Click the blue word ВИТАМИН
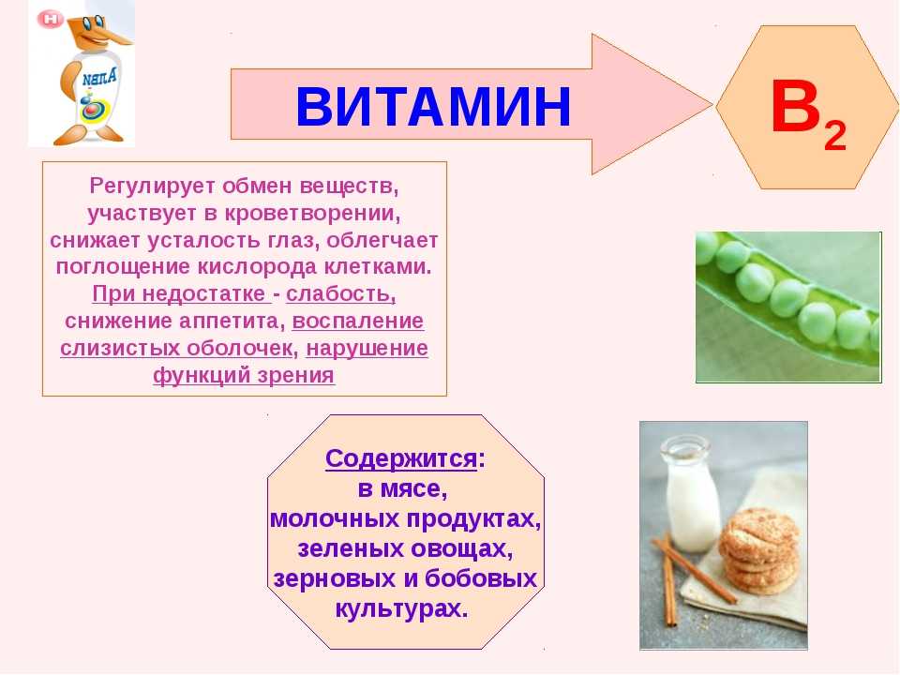[433, 106]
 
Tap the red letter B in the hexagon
[796, 107]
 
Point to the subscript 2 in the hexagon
[835, 136]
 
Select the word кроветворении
[312, 213]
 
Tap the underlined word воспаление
[358, 322]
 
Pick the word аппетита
[230, 322]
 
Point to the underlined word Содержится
[401, 458]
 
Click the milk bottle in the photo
[691, 494]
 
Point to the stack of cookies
[758, 550]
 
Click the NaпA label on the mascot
[98, 76]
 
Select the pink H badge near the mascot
[51, 20]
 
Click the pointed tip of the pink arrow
[712, 104]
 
